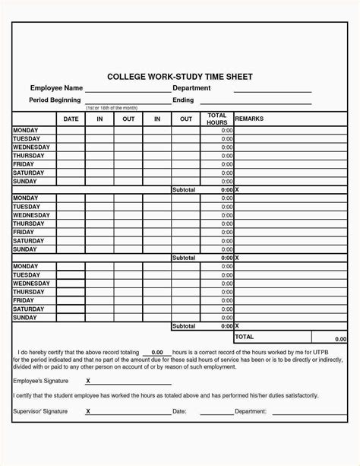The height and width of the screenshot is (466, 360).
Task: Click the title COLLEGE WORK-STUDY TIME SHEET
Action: [179, 77]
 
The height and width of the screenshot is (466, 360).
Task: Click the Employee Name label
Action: [55, 89]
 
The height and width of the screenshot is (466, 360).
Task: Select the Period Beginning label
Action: [55, 100]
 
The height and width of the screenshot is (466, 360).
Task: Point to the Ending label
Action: [184, 100]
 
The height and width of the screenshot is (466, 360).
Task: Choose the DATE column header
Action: [71, 119]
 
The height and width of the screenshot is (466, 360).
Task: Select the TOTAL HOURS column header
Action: [216, 119]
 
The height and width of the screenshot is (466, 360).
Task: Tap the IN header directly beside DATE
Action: [99, 119]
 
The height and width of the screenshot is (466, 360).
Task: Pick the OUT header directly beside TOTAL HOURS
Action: [186, 119]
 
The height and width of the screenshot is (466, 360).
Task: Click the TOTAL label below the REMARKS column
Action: [245, 335]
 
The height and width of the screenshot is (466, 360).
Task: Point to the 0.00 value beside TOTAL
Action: [339, 339]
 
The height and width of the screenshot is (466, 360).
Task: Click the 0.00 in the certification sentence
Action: [157, 353]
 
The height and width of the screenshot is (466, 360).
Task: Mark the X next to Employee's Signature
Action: [88, 379]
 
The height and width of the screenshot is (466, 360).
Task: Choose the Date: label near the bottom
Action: [179, 411]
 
